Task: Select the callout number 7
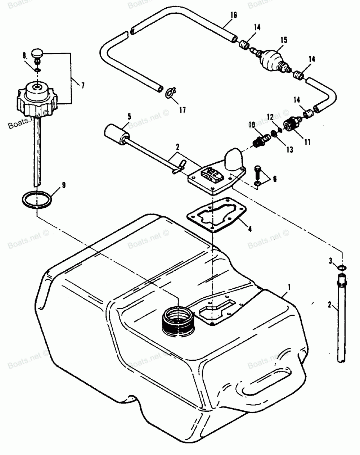point(83,86)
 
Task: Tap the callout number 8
point(24,55)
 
